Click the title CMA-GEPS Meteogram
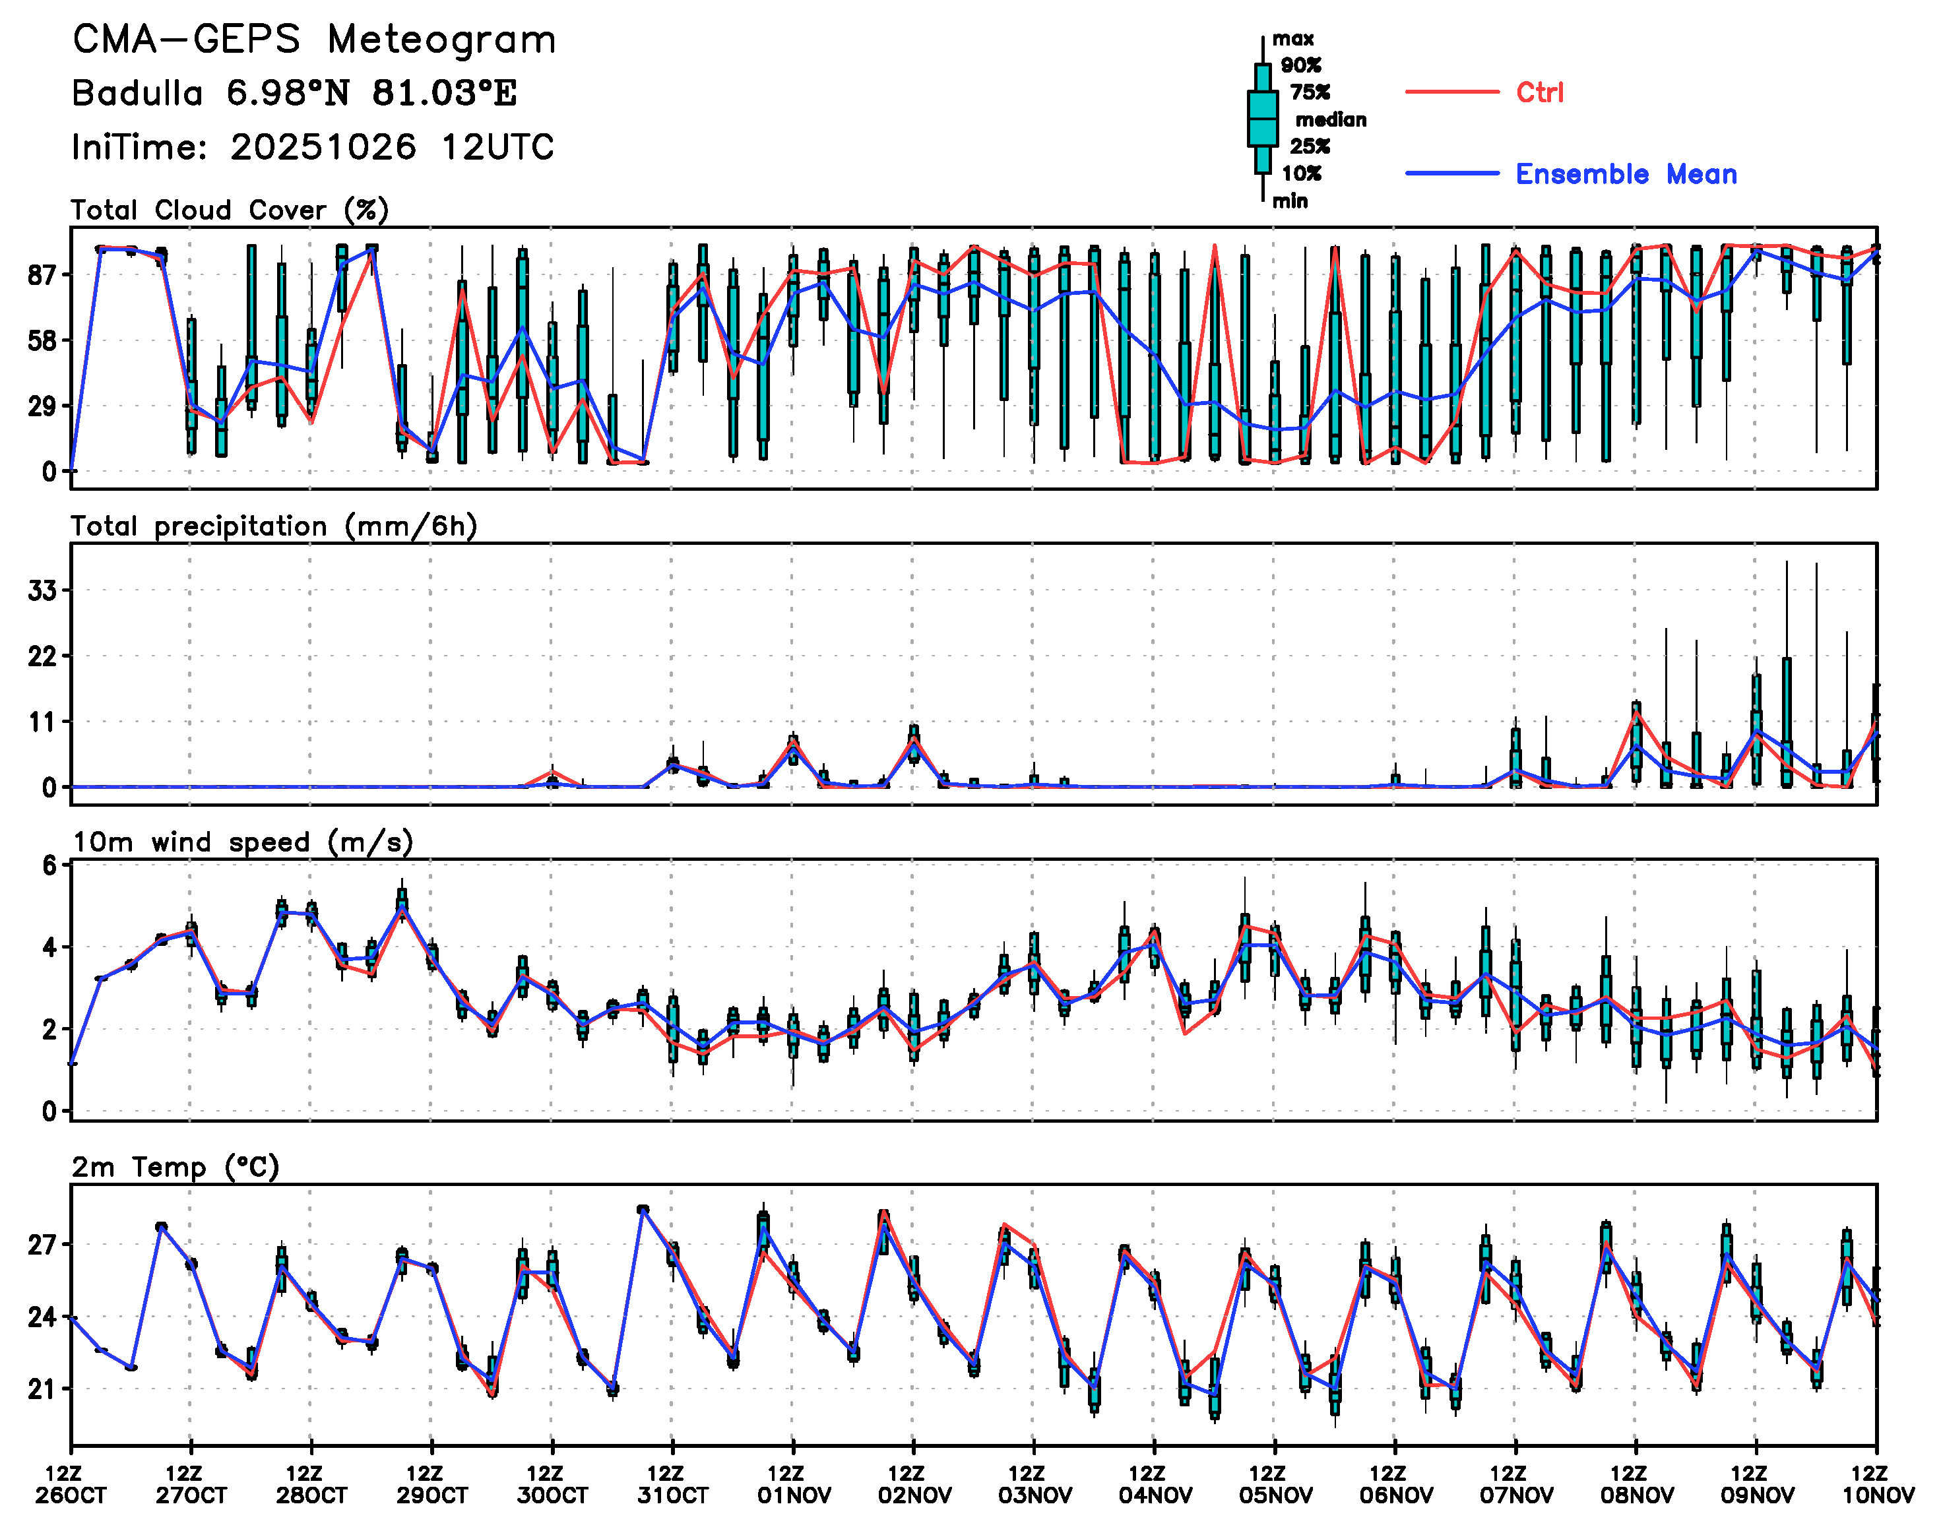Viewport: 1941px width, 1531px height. [x=314, y=40]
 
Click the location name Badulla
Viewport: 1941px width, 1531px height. [x=137, y=93]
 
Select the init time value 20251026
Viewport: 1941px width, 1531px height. [x=323, y=147]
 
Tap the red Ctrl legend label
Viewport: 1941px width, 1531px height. [x=1539, y=92]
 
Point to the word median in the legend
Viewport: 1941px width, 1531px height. [x=1331, y=120]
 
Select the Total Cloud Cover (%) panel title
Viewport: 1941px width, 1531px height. [x=230, y=210]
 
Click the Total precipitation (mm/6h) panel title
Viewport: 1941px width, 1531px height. [x=273, y=526]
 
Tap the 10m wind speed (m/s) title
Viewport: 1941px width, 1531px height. [x=242, y=842]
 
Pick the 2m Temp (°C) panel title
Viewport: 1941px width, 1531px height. [x=175, y=1167]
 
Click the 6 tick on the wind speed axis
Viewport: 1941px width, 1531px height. [x=49, y=865]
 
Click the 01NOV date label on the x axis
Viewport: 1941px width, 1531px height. [x=794, y=1495]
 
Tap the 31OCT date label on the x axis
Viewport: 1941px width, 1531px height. [x=672, y=1495]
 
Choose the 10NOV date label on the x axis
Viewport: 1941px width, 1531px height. [x=1878, y=1495]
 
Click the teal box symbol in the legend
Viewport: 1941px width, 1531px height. [x=1262, y=118]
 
